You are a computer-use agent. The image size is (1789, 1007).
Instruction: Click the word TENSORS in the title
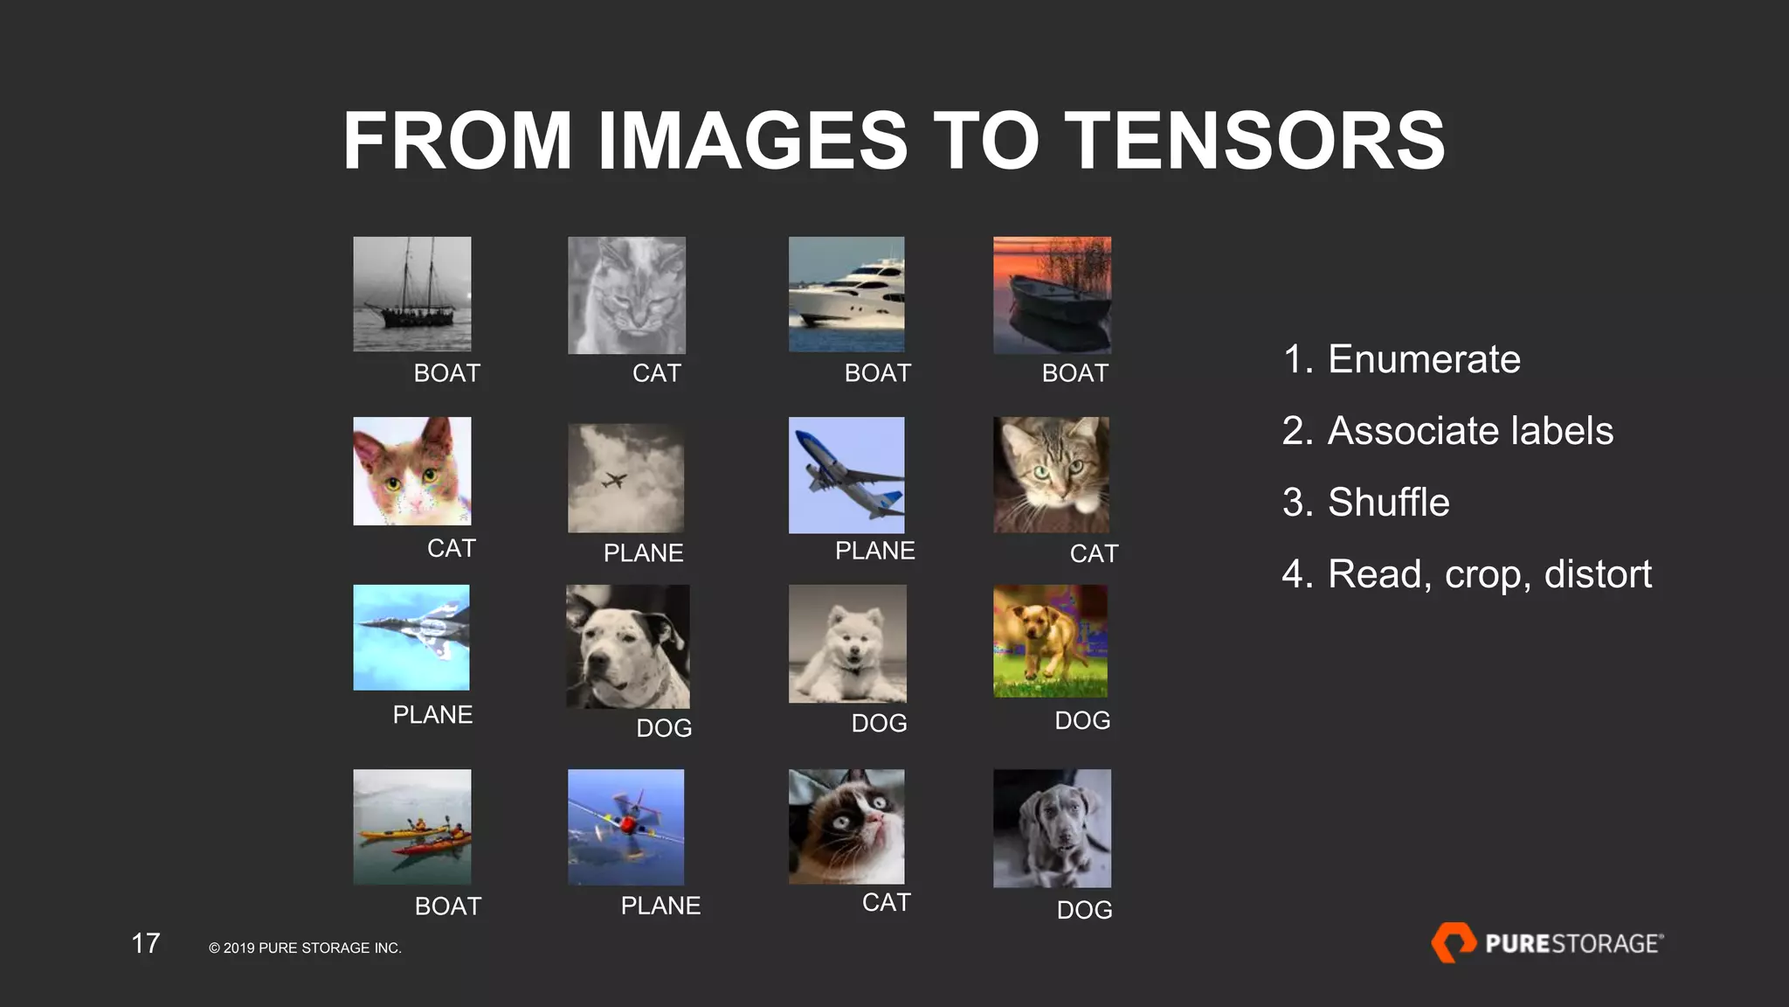click(x=1254, y=141)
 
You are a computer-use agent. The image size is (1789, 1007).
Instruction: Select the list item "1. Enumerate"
click(x=1401, y=359)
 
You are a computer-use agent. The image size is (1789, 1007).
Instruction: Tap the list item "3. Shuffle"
click(x=1365, y=503)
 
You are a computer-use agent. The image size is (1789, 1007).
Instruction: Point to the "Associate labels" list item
click(x=1470, y=431)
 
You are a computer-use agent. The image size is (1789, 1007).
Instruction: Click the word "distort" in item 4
click(x=1598, y=574)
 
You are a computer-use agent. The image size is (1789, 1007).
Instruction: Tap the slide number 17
click(x=146, y=943)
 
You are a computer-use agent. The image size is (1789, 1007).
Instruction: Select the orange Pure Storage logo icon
click(x=1453, y=942)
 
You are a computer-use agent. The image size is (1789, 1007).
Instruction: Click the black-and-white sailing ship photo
click(x=412, y=295)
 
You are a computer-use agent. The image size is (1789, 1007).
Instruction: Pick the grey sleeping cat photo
click(x=626, y=295)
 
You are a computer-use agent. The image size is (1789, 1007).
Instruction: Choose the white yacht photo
click(x=846, y=295)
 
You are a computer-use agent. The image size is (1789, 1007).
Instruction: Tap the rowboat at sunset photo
click(x=1052, y=295)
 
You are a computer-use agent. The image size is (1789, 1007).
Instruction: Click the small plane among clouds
click(x=625, y=478)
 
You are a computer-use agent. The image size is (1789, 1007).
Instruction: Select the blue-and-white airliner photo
click(x=846, y=475)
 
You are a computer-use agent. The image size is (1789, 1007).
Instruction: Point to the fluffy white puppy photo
click(x=847, y=643)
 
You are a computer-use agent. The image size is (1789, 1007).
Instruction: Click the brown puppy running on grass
click(x=1050, y=641)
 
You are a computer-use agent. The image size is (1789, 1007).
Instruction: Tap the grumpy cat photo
click(x=846, y=827)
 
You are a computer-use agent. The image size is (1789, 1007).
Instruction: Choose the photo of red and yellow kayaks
click(x=412, y=827)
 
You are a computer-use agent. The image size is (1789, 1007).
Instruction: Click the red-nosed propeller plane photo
click(x=625, y=827)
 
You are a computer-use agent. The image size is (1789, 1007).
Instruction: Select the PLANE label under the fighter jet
click(x=432, y=715)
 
